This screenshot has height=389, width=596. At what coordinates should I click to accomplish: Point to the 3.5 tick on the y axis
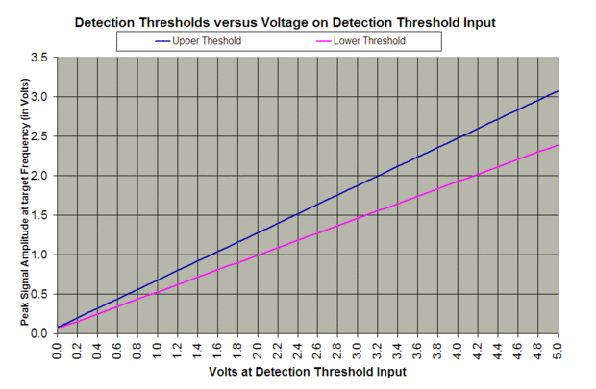click(39, 58)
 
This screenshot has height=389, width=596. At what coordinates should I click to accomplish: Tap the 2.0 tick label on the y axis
click(39, 176)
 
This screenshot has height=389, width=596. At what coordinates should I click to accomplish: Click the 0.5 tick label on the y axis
click(39, 294)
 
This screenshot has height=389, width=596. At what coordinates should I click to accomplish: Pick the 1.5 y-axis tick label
click(39, 215)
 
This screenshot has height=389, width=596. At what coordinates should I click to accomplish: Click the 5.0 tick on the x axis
click(558, 348)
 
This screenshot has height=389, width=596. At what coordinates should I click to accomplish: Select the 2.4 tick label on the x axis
click(298, 348)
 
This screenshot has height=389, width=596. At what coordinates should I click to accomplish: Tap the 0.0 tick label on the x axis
click(58, 348)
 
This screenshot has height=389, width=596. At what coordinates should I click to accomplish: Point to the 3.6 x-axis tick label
click(418, 348)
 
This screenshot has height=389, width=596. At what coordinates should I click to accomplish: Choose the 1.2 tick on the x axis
click(178, 348)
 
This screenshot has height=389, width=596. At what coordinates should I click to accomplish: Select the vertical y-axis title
click(24, 197)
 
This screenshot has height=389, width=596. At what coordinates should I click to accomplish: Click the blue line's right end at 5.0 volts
click(557, 91)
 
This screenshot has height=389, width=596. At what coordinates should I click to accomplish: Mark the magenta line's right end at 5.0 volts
click(557, 145)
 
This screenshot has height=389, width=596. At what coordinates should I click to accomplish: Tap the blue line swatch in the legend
click(157, 41)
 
